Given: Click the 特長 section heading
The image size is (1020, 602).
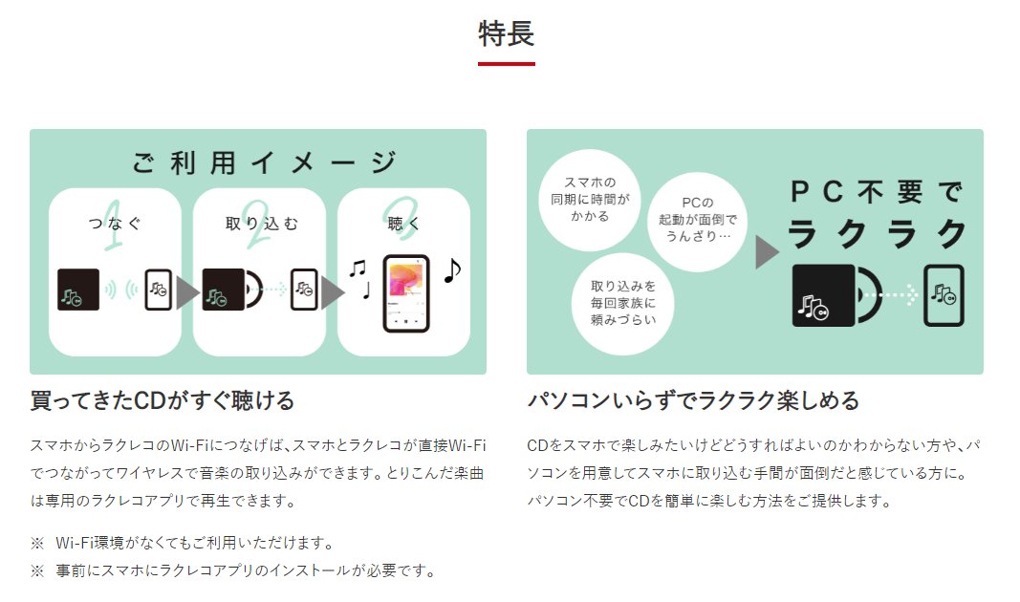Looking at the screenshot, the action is click(507, 33).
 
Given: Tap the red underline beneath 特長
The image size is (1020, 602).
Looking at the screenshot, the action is click(507, 64).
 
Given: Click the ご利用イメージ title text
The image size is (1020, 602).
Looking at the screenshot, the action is click(264, 161).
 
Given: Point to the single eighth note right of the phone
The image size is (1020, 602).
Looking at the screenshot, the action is click(452, 270).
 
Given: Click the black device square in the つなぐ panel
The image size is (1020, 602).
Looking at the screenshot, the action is click(78, 290).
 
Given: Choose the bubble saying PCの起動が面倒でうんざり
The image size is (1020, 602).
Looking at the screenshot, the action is click(698, 219).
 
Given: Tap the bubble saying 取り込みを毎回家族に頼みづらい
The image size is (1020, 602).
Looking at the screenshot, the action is click(623, 303).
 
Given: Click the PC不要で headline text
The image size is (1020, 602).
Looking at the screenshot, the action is click(875, 192).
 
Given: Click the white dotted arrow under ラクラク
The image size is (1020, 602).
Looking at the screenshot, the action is click(898, 295).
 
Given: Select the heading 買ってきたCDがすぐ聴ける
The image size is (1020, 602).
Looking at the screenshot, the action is click(163, 399).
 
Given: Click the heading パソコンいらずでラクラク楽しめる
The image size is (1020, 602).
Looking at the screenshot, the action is click(693, 399).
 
